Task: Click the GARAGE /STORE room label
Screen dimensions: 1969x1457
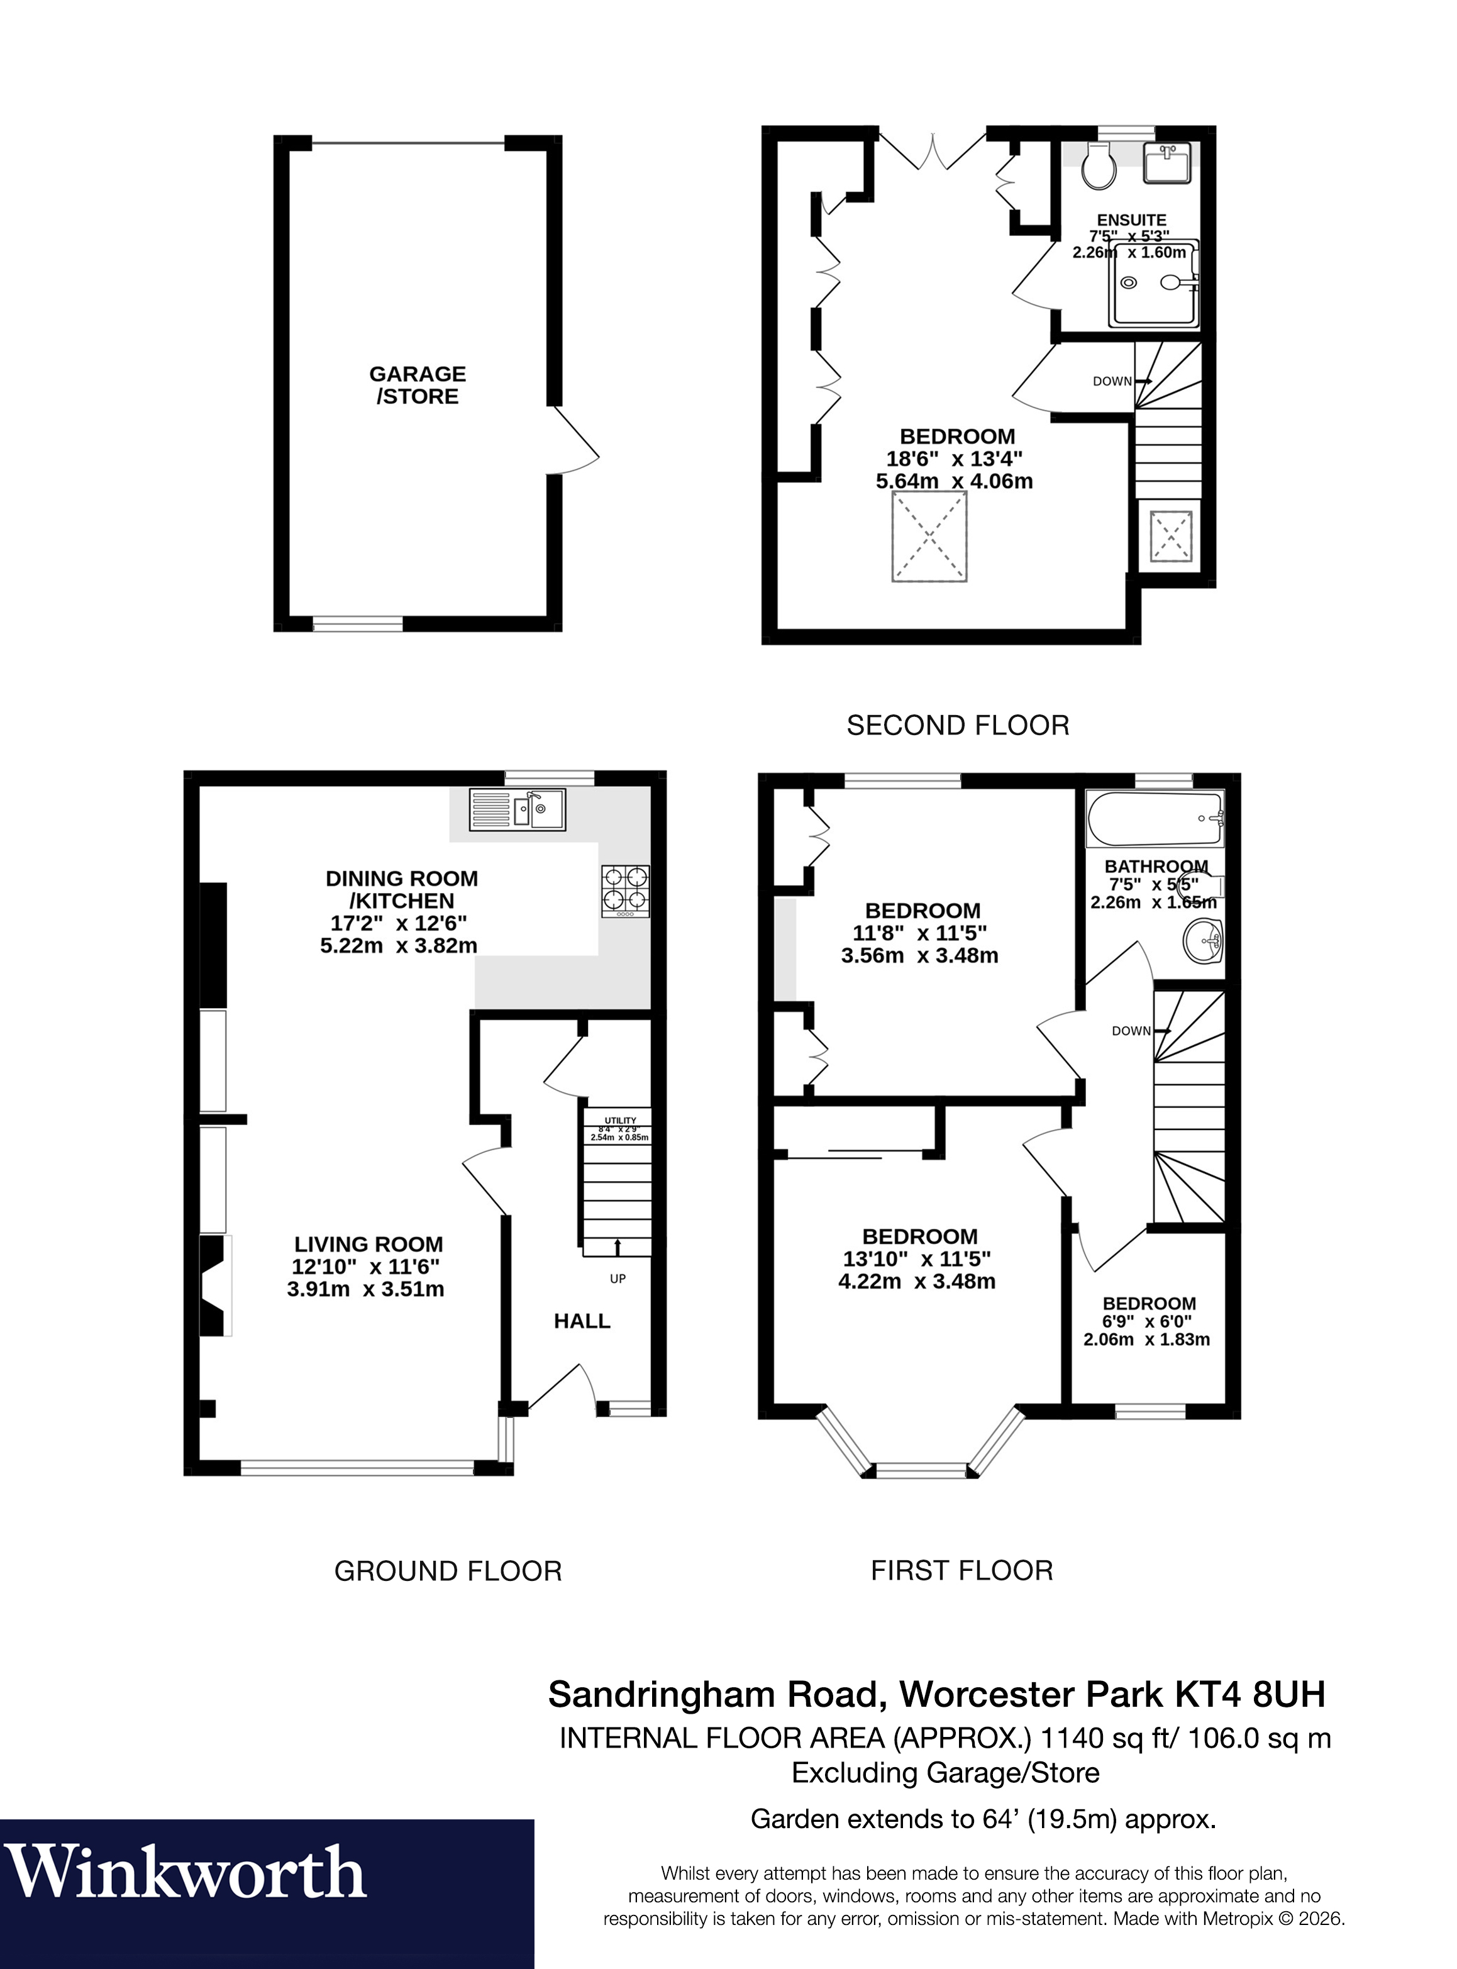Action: pos(417,385)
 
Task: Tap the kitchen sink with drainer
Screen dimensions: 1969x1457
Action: pos(517,809)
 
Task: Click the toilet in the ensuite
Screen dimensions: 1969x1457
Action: pos(1099,166)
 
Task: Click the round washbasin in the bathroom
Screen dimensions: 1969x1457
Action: pos(1204,940)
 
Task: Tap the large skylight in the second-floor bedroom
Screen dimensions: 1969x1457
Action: pos(929,537)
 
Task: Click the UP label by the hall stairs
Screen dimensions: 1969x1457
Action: pos(618,1278)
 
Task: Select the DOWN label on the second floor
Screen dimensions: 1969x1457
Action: pos(1112,381)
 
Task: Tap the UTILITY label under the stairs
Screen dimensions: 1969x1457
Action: pos(620,1121)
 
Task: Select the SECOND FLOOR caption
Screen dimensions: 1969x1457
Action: pos(958,726)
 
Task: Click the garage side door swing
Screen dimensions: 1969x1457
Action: pos(575,441)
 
